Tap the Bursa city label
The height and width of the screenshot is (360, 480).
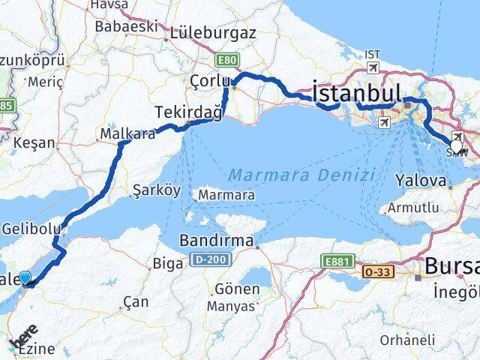pyautogui.click(x=451, y=267)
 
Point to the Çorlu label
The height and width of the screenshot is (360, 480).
pyautogui.click(x=208, y=80)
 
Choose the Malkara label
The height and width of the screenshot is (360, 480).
pyautogui.click(x=121, y=134)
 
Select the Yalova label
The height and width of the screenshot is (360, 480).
pyautogui.click(x=422, y=180)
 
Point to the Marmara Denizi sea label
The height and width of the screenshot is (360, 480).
pyautogui.click(x=301, y=175)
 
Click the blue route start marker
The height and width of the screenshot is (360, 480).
pyautogui.click(x=26, y=278)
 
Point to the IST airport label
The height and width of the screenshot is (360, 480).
pyautogui.click(x=373, y=55)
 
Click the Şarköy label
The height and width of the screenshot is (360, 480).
pyautogui.click(x=156, y=190)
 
